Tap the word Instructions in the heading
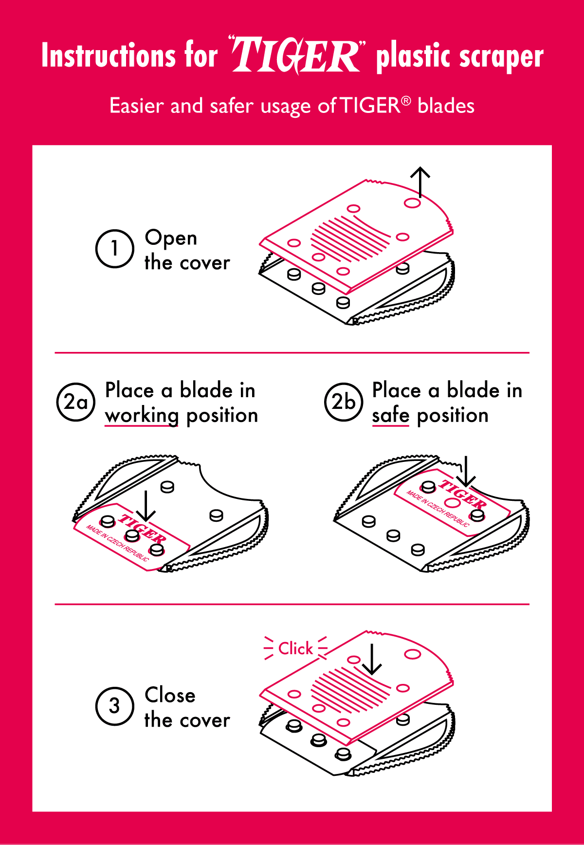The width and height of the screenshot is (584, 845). (x=108, y=55)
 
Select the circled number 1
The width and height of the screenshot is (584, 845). (x=114, y=249)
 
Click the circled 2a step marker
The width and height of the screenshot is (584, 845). (x=76, y=402)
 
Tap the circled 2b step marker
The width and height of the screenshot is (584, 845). (x=344, y=402)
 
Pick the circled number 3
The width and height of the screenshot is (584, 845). (x=114, y=706)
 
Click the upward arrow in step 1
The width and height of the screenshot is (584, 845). (x=420, y=182)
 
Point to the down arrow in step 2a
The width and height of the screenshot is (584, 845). (x=146, y=506)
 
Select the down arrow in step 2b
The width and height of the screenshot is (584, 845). (x=466, y=472)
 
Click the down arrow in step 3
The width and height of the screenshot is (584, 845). (x=372, y=660)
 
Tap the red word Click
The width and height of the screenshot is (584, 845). (x=295, y=648)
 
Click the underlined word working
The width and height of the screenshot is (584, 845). (x=142, y=416)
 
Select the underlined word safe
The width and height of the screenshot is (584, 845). (x=390, y=415)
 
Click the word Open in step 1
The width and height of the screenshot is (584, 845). (x=171, y=239)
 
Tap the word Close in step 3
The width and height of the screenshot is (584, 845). (x=170, y=695)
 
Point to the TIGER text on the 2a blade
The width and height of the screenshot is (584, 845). (x=142, y=529)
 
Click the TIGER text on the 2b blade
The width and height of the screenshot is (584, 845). (x=462, y=494)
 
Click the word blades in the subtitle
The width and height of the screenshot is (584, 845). (x=446, y=106)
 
